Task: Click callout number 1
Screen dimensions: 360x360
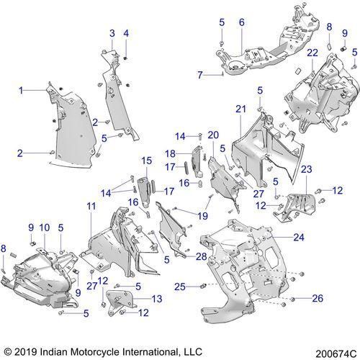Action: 21,91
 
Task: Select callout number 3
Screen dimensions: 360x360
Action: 112,33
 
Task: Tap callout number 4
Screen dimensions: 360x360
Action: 126,33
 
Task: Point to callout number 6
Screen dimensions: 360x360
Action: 242,22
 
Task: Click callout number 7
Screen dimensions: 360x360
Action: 200,75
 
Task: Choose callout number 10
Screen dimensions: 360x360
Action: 45,228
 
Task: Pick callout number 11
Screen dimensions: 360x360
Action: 91,206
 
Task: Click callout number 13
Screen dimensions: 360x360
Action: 157,299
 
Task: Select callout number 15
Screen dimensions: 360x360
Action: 147,161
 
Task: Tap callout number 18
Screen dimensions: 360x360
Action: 171,153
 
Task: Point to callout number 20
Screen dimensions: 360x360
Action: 213,135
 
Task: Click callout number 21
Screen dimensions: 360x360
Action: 241,109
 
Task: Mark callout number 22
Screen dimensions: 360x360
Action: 312,53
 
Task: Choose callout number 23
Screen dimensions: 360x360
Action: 307,169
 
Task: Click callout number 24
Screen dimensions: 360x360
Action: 299,238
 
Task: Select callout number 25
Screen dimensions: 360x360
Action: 180,287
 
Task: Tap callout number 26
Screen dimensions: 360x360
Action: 318,298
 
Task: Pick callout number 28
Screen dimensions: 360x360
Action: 202,256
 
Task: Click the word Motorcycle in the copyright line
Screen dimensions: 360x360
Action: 96,352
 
